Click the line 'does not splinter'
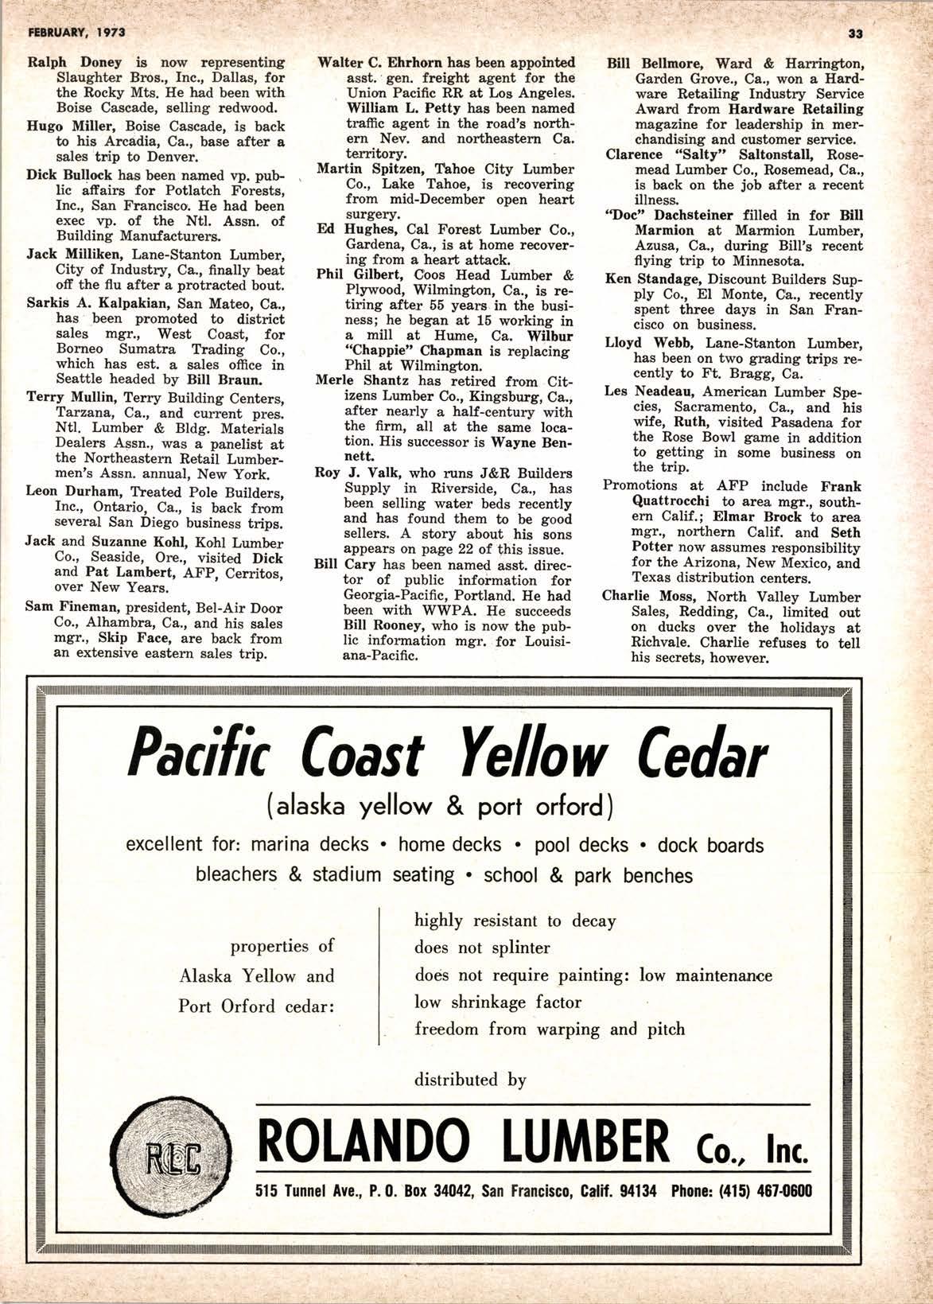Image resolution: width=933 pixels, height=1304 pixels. tap(482, 948)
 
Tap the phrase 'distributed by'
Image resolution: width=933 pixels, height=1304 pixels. tap(470, 1080)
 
